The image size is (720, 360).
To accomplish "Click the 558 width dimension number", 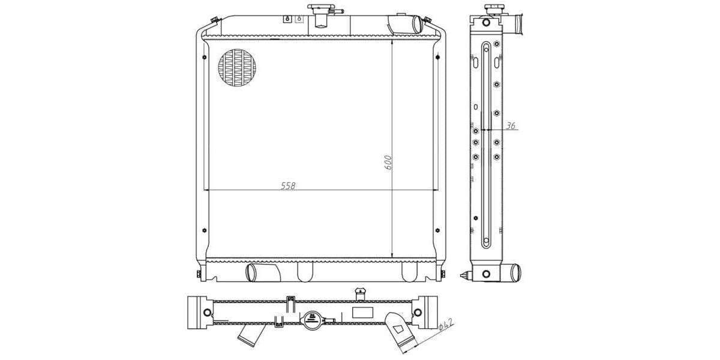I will pos(288,185).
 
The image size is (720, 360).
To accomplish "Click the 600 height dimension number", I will pos(388,162).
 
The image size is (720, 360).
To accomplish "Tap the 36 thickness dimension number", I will pos(511,126).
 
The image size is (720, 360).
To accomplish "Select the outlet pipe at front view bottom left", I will pos(262,272).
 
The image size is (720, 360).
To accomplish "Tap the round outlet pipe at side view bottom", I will pos(512,273).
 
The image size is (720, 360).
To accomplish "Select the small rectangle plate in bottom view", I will pos(362,312).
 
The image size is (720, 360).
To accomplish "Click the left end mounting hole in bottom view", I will pos(207,313).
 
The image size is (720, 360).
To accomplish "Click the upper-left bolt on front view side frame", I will pos(205,58).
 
